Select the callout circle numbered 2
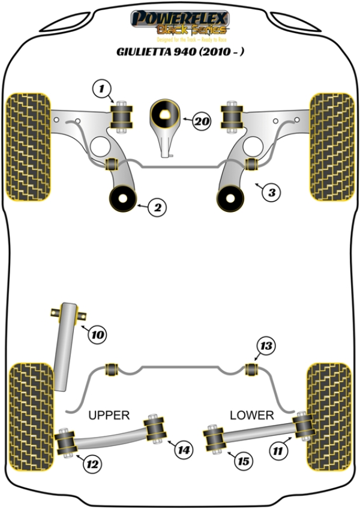[x=157, y=208]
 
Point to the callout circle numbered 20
[x=202, y=121]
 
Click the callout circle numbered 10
[x=98, y=334]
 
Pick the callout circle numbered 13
[x=266, y=346]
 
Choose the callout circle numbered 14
[x=184, y=448]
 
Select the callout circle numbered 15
[x=242, y=461]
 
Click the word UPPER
[x=109, y=415]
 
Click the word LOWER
[x=252, y=415]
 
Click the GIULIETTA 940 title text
[x=180, y=52]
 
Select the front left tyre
[x=28, y=146]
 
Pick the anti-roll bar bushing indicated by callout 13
[x=253, y=367]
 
